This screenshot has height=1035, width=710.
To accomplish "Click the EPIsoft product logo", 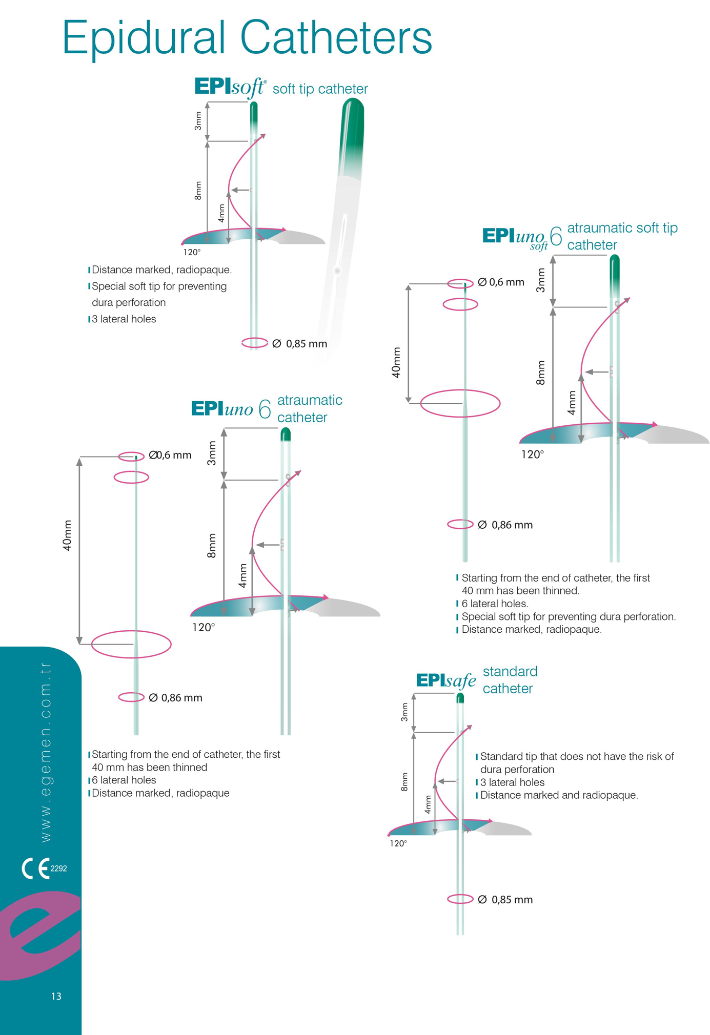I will [230, 88].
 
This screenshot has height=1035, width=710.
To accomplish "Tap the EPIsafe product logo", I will [445, 680].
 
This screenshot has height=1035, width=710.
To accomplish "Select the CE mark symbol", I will [35, 868].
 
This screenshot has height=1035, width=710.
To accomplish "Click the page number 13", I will [56, 996].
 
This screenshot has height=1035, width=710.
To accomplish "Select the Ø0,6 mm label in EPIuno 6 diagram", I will [170, 455].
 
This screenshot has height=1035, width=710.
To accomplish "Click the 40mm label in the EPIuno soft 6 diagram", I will [396, 362].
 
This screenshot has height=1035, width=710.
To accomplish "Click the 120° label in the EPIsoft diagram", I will [192, 252].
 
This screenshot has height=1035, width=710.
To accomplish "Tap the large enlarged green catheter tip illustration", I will [351, 138].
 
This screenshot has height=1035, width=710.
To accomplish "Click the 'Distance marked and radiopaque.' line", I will [559, 795].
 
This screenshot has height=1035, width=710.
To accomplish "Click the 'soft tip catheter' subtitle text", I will [320, 89].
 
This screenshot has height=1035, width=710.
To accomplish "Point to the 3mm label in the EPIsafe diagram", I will [405, 712].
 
